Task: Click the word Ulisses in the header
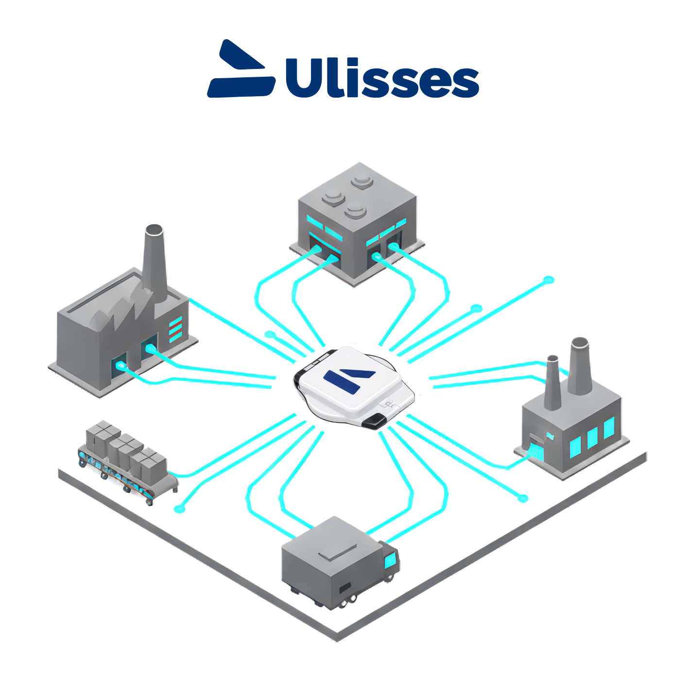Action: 382,78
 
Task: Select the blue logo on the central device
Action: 349,379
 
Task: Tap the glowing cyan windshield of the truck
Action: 391,561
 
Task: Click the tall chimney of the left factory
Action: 154,262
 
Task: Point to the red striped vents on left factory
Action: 175,328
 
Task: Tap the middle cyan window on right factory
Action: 592,438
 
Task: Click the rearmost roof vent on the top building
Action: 362,182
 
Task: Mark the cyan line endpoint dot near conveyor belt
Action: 180,509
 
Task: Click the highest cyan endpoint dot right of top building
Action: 548,280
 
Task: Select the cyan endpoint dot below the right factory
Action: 523,498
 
